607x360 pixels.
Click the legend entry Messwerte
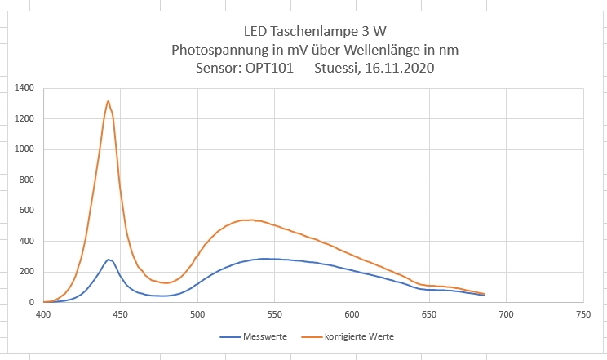tap(264, 336)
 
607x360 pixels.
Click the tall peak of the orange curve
tap(109, 101)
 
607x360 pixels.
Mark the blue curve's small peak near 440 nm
tap(109, 260)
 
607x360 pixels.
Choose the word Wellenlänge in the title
tap(393, 50)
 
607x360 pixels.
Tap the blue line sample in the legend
tap(229, 336)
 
